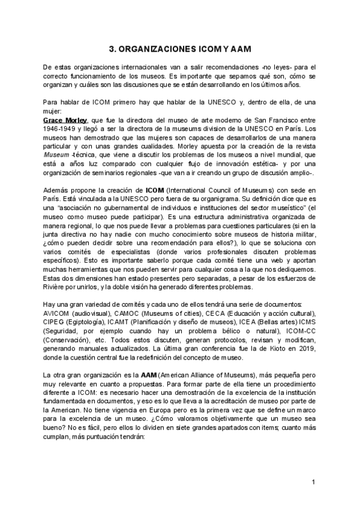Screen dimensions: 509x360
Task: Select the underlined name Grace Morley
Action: (65, 120)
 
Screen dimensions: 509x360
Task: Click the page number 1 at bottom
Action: (313, 483)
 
